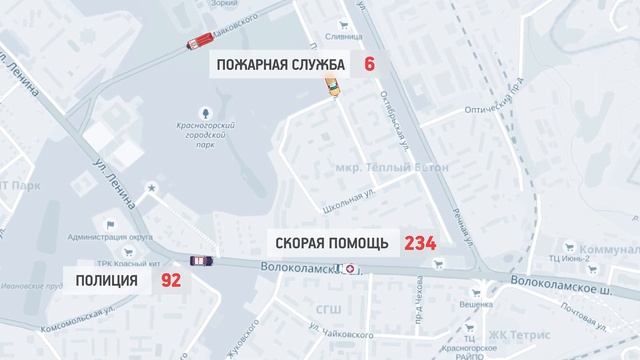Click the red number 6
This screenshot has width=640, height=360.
click(x=369, y=65)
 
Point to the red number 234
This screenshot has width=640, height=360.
click(x=421, y=242)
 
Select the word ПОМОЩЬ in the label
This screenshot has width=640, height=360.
click(x=364, y=242)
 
